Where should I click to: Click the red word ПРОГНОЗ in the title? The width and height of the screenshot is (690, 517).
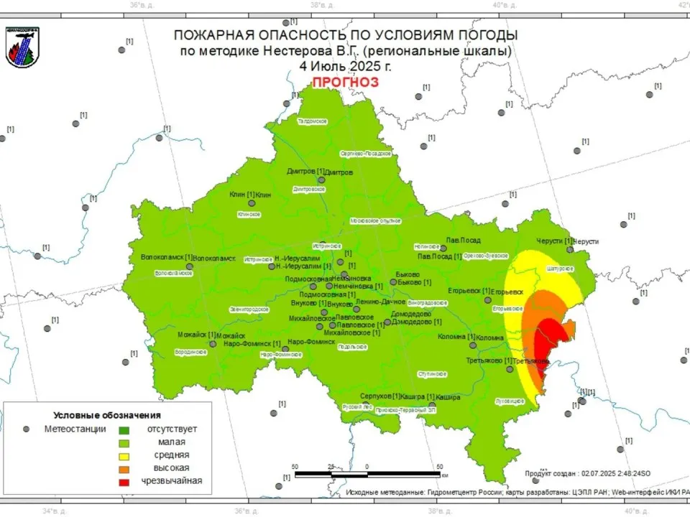[345, 82]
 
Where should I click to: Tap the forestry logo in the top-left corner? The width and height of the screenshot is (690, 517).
[23, 47]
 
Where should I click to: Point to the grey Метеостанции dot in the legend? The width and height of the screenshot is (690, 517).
[27, 429]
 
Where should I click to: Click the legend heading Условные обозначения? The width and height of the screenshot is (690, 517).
[107, 415]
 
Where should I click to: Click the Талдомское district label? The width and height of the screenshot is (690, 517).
[313, 121]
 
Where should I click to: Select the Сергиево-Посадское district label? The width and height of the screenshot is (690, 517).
[365, 154]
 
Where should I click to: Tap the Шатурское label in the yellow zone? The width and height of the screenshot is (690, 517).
[560, 269]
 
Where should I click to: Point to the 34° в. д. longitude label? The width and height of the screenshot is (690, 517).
[55, 511]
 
